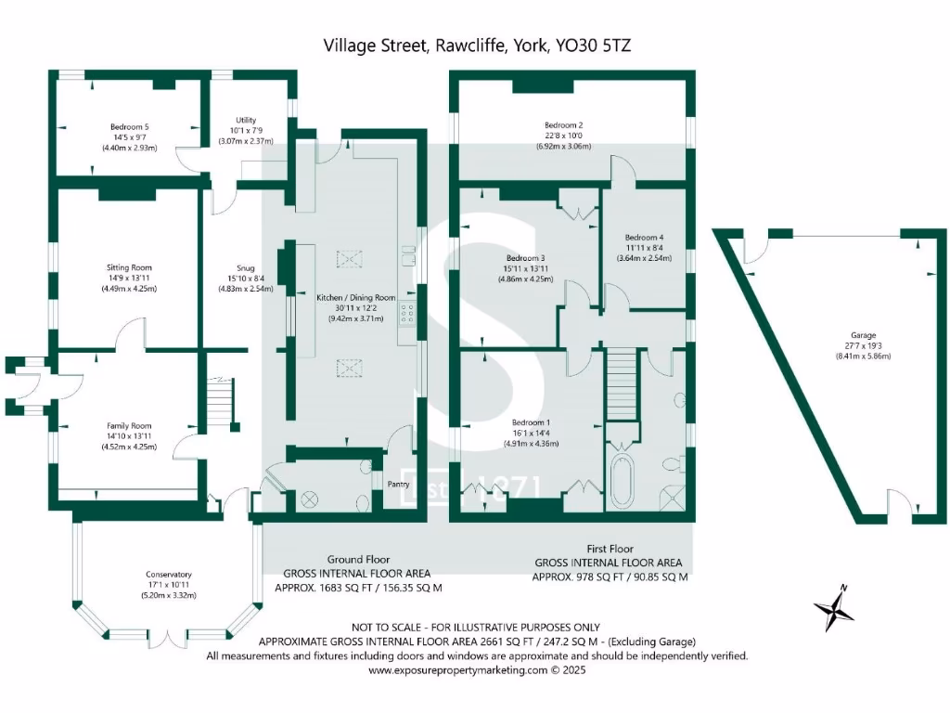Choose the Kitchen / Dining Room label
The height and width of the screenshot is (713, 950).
(x=357, y=298)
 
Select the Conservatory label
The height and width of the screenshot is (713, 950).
(x=168, y=574)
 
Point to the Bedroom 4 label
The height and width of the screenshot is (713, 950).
(x=644, y=237)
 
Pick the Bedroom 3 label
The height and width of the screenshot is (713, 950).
(x=525, y=258)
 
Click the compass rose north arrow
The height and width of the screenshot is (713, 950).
(x=834, y=610)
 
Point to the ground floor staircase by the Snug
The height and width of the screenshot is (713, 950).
(x=220, y=401)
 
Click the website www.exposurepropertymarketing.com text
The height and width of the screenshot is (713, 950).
(x=476, y=669)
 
